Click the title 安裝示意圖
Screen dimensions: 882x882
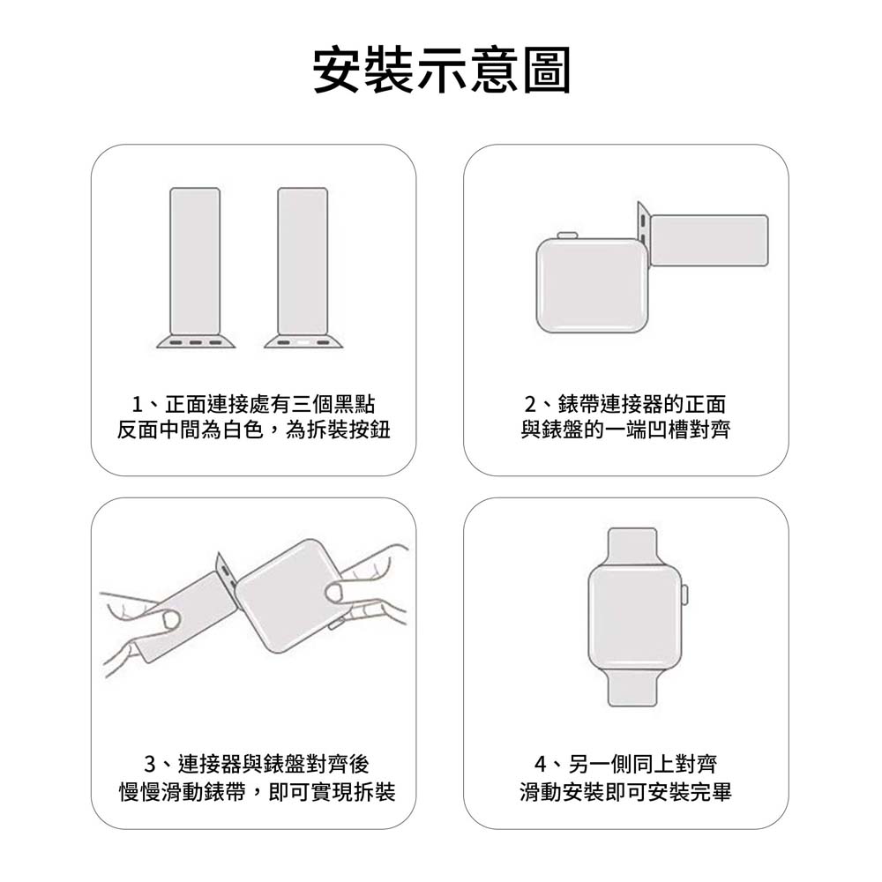[442, 70]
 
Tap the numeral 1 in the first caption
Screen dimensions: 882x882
[137, 404]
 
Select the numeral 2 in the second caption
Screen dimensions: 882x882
[530, 404]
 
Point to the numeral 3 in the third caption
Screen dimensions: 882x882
[150, 764]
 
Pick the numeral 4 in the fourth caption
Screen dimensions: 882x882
[541, 764]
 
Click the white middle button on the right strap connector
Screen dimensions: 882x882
[303, 342]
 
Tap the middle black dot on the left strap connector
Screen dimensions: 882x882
[195, 342]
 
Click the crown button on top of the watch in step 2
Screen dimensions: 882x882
[567, 235]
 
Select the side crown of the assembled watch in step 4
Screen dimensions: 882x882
[684, 595]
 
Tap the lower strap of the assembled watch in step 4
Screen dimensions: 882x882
[632, 687]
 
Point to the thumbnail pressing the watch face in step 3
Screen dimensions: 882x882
[336, 593]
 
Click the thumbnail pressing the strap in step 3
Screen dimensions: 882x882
[170, 620]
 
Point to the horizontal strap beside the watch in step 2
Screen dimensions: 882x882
[709, 241]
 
